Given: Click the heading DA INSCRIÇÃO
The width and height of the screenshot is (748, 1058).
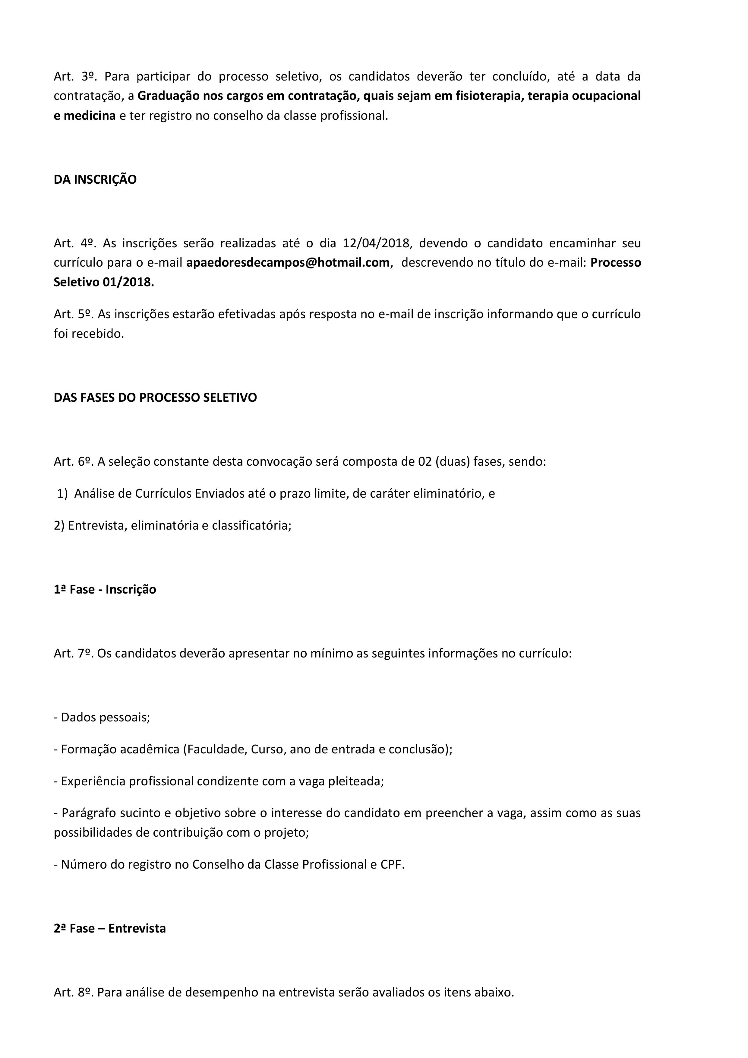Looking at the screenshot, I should pos(95,180).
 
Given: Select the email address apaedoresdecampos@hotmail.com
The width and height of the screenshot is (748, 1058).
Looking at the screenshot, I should pos(288,263).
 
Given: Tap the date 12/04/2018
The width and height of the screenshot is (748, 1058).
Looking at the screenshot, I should pos(376,243).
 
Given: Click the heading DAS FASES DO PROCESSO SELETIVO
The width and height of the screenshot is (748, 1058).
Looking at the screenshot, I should pos(155,398).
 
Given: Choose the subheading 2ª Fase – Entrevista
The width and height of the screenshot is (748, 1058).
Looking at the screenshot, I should pos(110,928).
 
